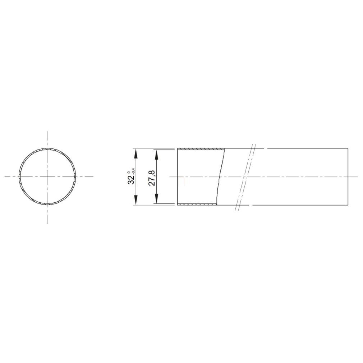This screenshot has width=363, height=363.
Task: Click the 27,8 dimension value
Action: tap(152, 178)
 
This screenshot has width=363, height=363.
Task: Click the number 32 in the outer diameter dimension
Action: tap(131, 179)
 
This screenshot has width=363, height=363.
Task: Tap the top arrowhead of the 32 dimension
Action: tap(135, 153)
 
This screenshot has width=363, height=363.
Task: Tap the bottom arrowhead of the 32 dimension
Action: tap(135, 200)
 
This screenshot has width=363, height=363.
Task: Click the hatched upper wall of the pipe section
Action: tap(201, 149)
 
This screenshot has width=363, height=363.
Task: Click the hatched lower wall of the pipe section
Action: tap(197, 204)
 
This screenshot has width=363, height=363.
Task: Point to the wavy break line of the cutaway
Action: tap(221, 176)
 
